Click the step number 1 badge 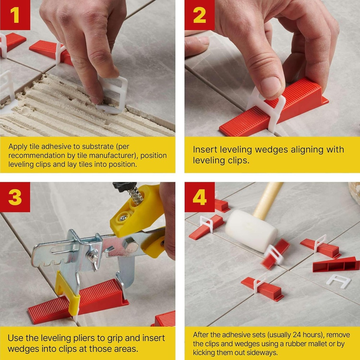15,15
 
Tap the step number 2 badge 199,15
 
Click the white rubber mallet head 251,231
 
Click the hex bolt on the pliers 131,246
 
